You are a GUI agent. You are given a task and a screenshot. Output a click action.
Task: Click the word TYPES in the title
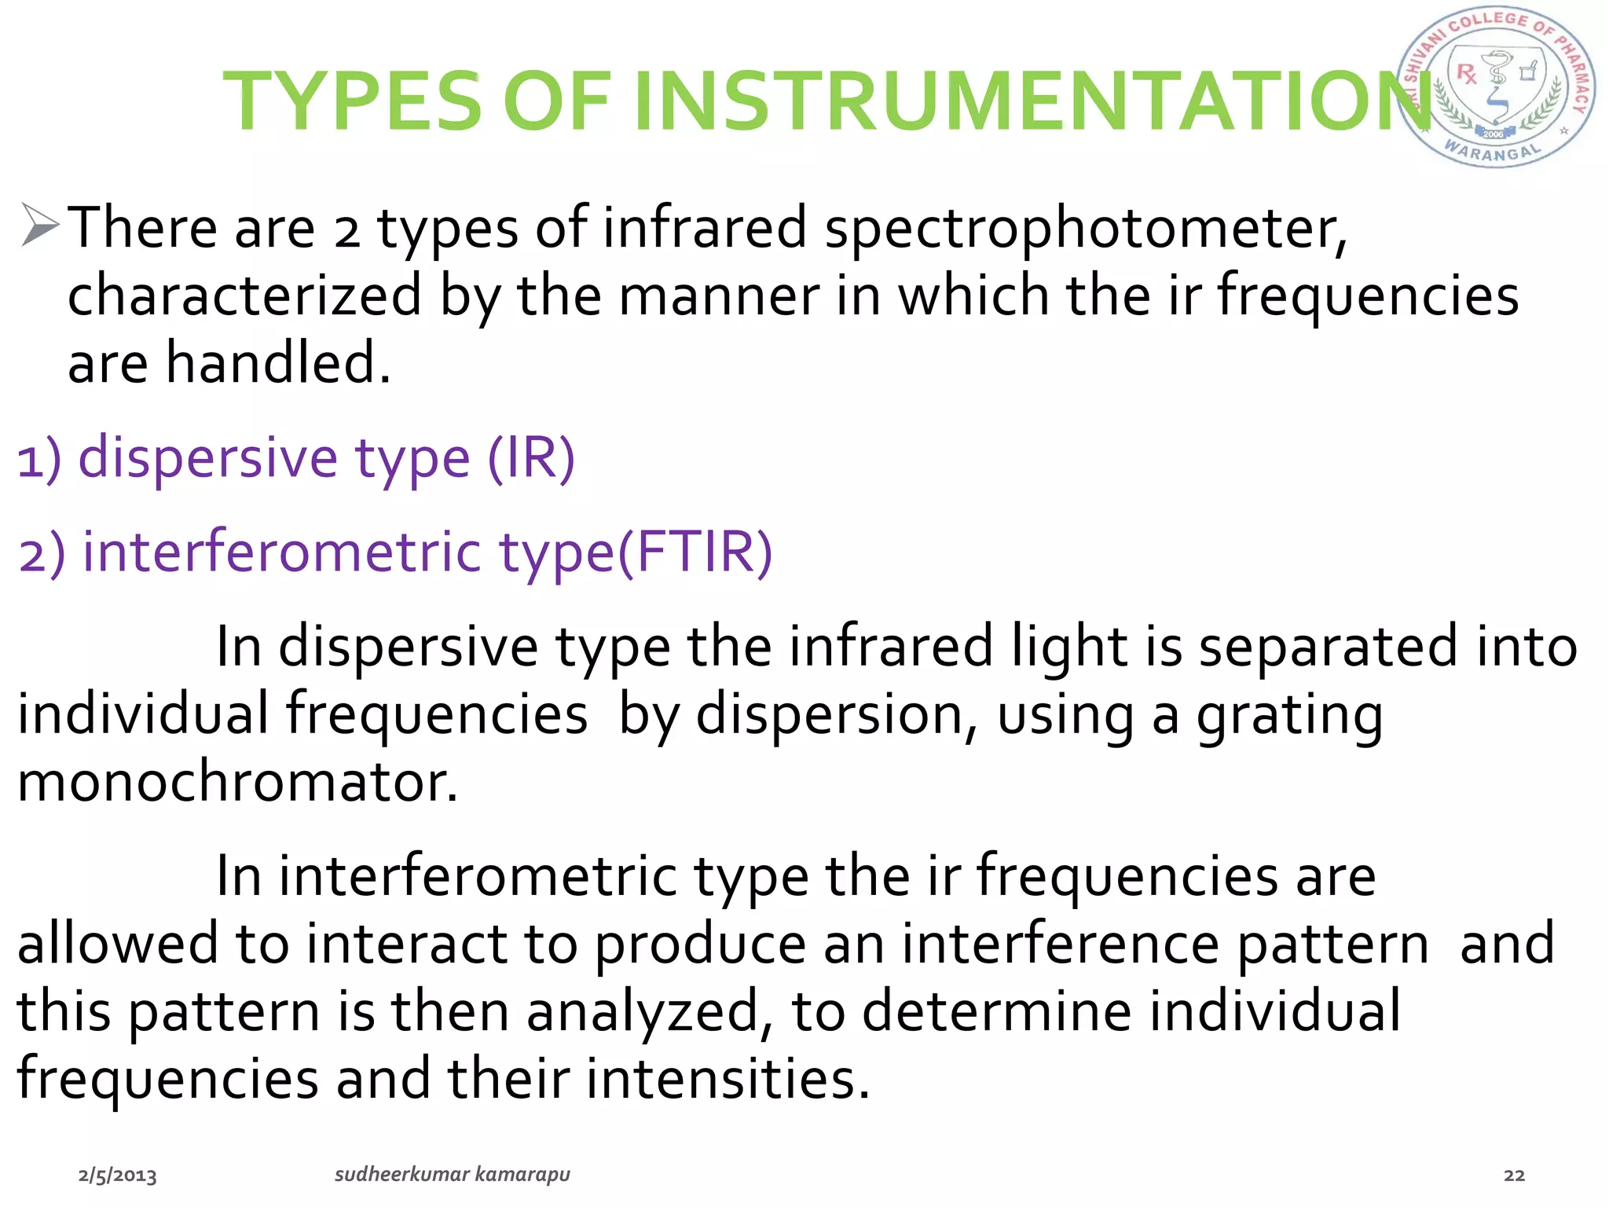pos(351,101)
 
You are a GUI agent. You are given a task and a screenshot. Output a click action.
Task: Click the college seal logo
pos(1496,87)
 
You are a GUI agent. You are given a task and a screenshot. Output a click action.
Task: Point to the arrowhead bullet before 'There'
pos(39,226)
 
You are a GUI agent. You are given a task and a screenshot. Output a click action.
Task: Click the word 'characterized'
pos(244,296)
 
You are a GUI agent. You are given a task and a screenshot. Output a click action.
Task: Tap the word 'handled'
pos(277,364)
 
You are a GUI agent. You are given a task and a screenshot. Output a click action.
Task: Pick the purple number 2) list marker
pos(42,553)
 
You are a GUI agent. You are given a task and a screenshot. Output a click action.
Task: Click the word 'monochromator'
pos(236,783)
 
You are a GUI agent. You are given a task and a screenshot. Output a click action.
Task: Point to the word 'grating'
pos(1289,716)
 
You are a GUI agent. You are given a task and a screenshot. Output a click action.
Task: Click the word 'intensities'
pos(728,1079)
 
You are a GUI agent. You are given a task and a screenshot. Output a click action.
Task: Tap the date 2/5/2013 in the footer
pos(117,1176)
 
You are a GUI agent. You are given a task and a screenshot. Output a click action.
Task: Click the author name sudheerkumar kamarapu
pos(453,1175)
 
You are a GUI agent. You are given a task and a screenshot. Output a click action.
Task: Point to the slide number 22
pos(1514,1176)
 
